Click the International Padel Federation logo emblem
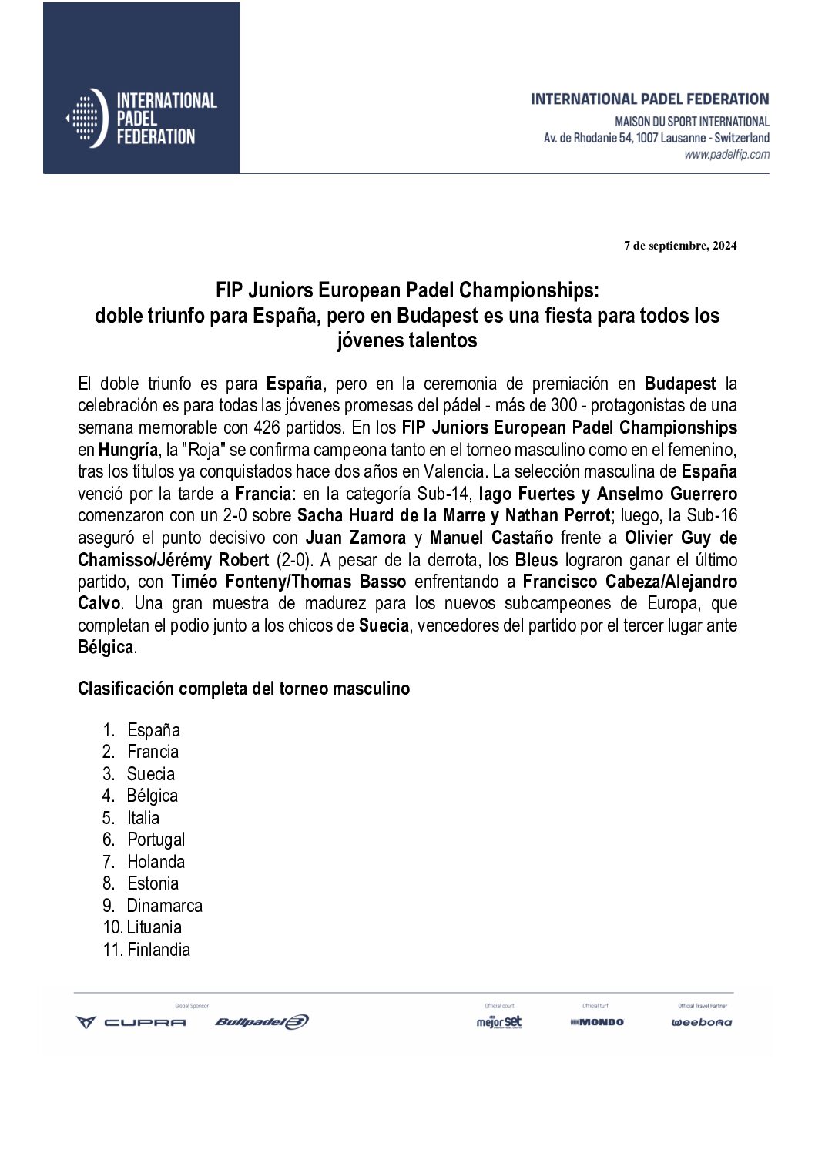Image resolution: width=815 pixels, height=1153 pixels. [86, 118]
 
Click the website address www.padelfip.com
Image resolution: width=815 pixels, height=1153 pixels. [726, 155]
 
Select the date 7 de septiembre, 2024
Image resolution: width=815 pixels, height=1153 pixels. [680, 246]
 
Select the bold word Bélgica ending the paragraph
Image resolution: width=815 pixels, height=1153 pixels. [106, 648]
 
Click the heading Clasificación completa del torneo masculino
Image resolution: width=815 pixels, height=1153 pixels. [243, 689]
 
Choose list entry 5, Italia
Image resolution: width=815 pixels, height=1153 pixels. [143, 818]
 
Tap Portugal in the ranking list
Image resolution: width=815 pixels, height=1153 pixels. [156, 840]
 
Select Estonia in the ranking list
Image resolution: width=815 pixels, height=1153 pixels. [153, 883]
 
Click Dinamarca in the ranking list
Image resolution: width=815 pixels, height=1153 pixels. [164, 906]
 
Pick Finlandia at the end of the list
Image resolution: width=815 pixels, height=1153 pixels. [158, 950]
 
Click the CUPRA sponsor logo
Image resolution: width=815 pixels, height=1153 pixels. [130, 1022]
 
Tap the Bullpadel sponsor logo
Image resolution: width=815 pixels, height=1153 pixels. [261, 1022]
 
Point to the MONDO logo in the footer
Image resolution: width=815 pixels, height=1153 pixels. [597, 1022]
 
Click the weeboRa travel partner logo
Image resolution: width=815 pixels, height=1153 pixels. [701, 1023]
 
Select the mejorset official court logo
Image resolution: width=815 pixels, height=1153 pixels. [498, 1022]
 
